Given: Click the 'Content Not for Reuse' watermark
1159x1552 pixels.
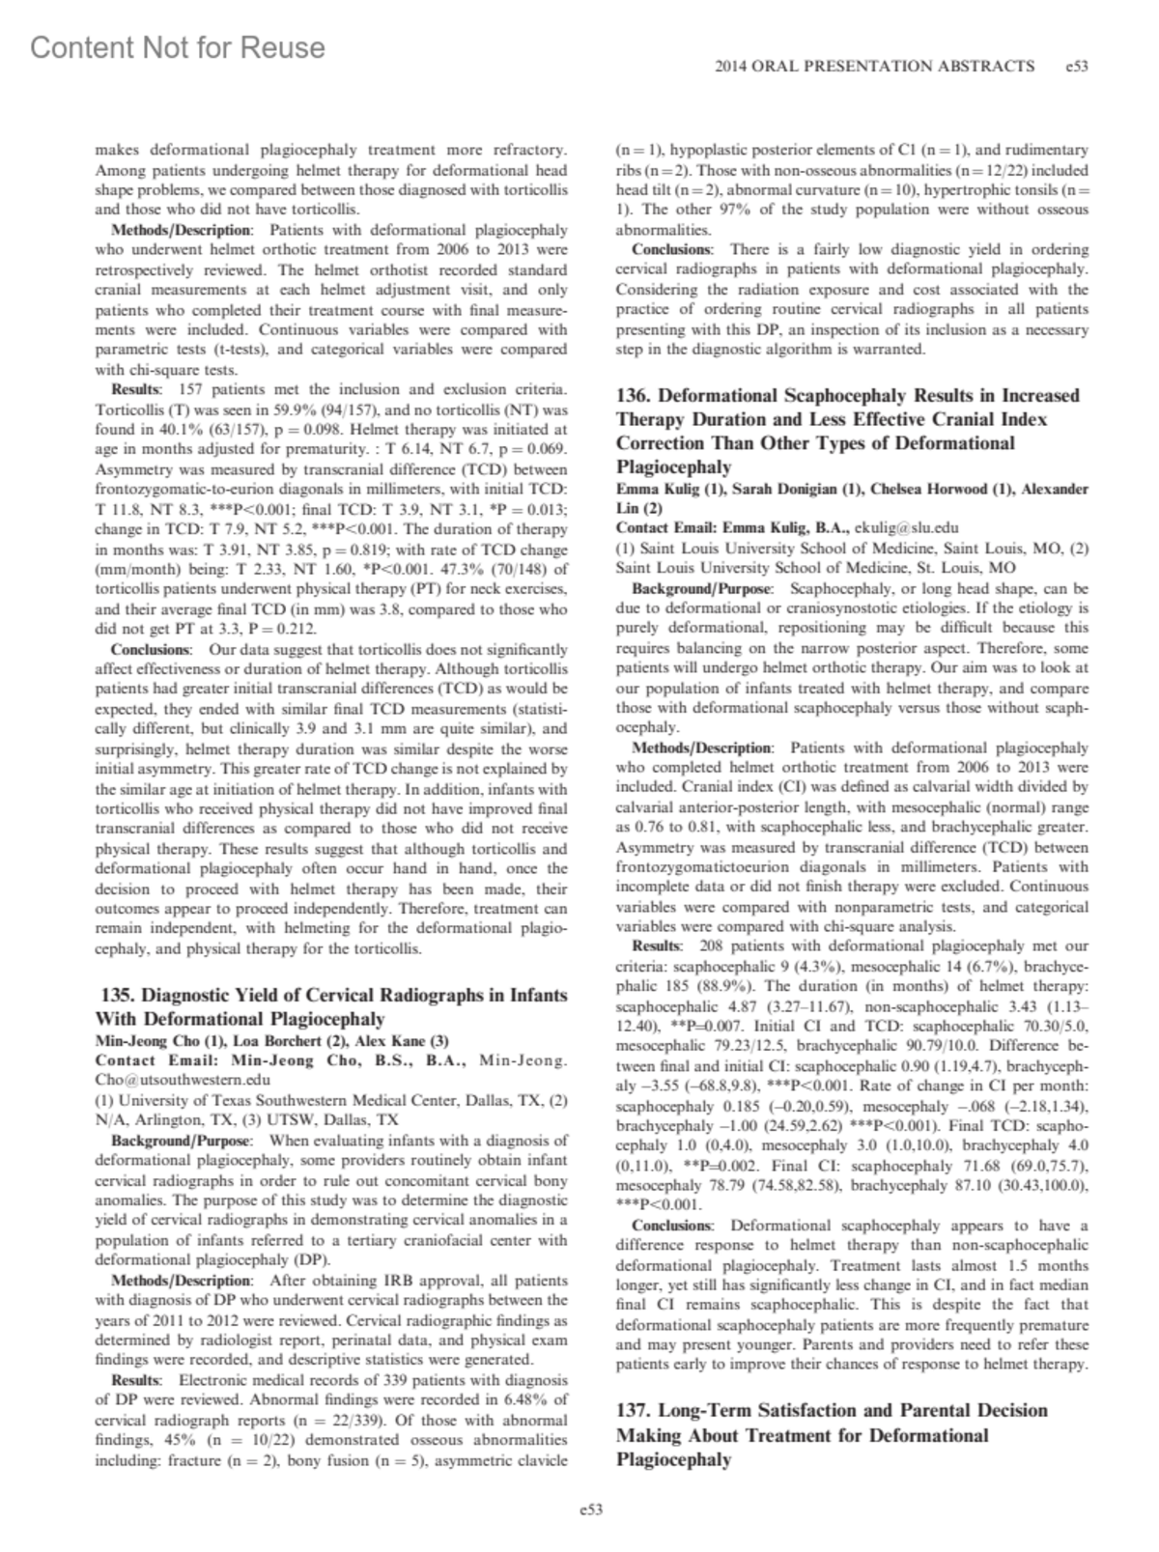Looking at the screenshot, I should point(178,47).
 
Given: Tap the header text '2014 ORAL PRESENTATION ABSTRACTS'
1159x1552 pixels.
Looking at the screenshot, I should point(874,67).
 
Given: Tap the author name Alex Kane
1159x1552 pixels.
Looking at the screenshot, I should point(391,1041).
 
